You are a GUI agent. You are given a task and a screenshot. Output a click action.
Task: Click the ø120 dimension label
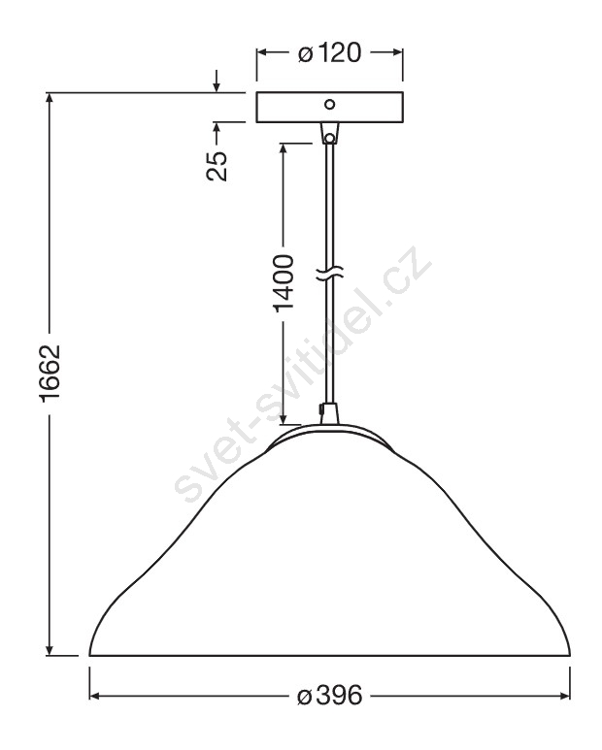(329, 52)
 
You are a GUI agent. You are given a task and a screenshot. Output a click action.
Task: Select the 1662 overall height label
(50, 374)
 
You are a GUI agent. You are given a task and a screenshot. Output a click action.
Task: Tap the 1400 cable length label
(284, 283)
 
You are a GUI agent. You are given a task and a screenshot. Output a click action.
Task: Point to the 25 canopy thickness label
(217, 166)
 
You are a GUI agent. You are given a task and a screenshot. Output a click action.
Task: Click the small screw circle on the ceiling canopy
(329, 104)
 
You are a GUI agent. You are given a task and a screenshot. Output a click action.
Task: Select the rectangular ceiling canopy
(329, 107)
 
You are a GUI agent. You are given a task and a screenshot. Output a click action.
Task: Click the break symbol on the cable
(330, 273)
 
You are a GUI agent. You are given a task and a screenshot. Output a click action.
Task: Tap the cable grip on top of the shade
(329, 413)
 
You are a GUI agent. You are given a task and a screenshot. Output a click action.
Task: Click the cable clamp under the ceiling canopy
(329, 133)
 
